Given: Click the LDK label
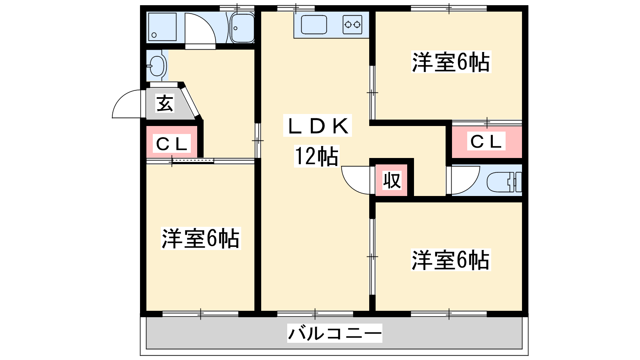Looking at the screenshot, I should point(318,126).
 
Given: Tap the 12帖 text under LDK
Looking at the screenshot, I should point(316,156).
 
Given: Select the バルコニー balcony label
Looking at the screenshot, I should point(334,333).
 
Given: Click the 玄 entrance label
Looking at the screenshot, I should point(165,104).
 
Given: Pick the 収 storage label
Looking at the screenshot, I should point(392,180).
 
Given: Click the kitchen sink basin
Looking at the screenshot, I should point(314,25).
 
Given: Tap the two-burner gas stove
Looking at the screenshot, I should point(352,25).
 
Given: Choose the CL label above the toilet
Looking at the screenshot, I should point(486,142).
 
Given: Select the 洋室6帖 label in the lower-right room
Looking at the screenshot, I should point(450,260).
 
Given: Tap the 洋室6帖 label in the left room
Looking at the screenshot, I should point(200,238).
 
